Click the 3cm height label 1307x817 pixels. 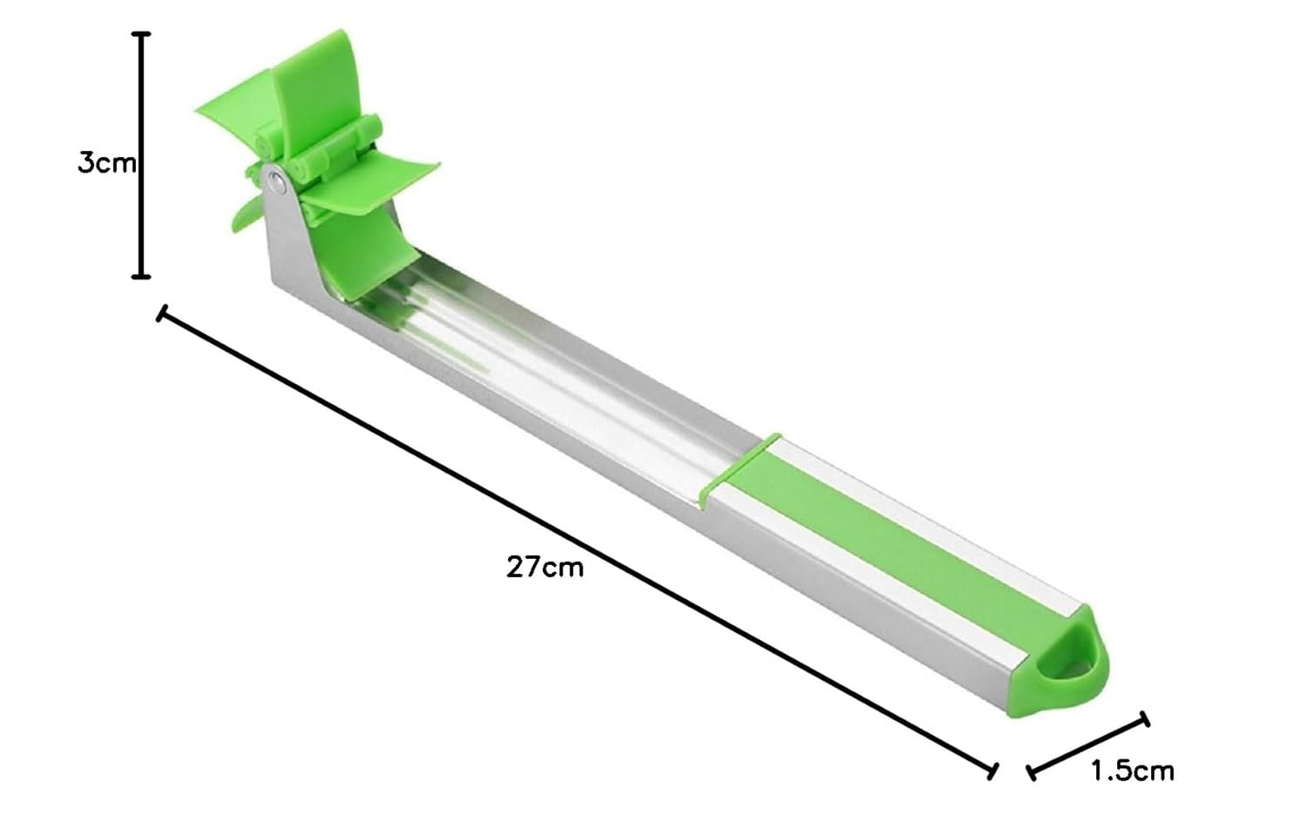click(106, 163)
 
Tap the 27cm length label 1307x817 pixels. click(545, 567)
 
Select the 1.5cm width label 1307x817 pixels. click(1133, 771)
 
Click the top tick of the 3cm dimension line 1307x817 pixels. click(140, 35)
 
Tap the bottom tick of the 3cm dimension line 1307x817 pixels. click(140, 276)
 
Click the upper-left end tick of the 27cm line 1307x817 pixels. click(163, 314)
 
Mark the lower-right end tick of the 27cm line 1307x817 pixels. click(992, 771)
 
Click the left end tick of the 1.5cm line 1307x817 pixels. click(1031, 773)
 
